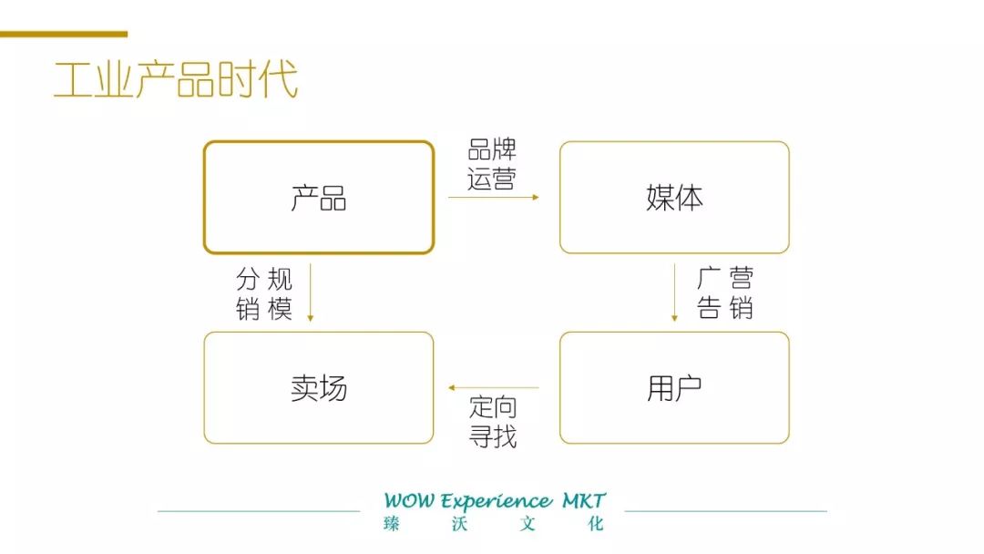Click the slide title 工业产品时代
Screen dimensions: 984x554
pyautogui.click(x=176, y=80)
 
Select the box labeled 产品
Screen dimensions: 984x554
pyautogui.click(x=318, y=197)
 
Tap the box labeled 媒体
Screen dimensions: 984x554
pyautogui.click(x=674, y=197)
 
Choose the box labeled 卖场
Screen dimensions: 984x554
pyautogui.click(x=318, y=388)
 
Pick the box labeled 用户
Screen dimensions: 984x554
pyautogui.click(x=674, y=388)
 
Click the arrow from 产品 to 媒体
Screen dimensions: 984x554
pyautogui.click(x=494, y=197)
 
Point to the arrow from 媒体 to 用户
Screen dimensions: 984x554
pyautogui.click(x=674, y=292)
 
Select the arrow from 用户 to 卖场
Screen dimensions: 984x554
pyautogui.click(x=494, y=388)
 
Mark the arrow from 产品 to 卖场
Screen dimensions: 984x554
pyautogui.click(x=310, y=292)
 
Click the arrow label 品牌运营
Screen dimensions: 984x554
pyautogui.click(x=492, y=164)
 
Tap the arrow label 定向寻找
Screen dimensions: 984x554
pyautogui.click(x=493, y=421)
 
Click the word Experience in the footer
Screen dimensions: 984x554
pyautogui.click(x=496, y=501)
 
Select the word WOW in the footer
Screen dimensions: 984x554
pyautogui.click(x=409, y=501)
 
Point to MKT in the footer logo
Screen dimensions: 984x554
pyautogui.click(x=584, y=501)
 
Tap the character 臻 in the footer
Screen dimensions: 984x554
pyautogui.click(x=392, y=524)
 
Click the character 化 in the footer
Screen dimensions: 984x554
pyautogui.click(x=597, y=524)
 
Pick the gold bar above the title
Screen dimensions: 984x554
pyautogui.click(x=64, y=34)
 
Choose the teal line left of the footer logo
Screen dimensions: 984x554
pyautogui.click(x=259, y=511)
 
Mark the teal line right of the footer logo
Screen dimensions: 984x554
pyautogui.click(x=725, y=511)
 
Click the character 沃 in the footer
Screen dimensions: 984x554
pyautogui.click(x=461, y=524)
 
